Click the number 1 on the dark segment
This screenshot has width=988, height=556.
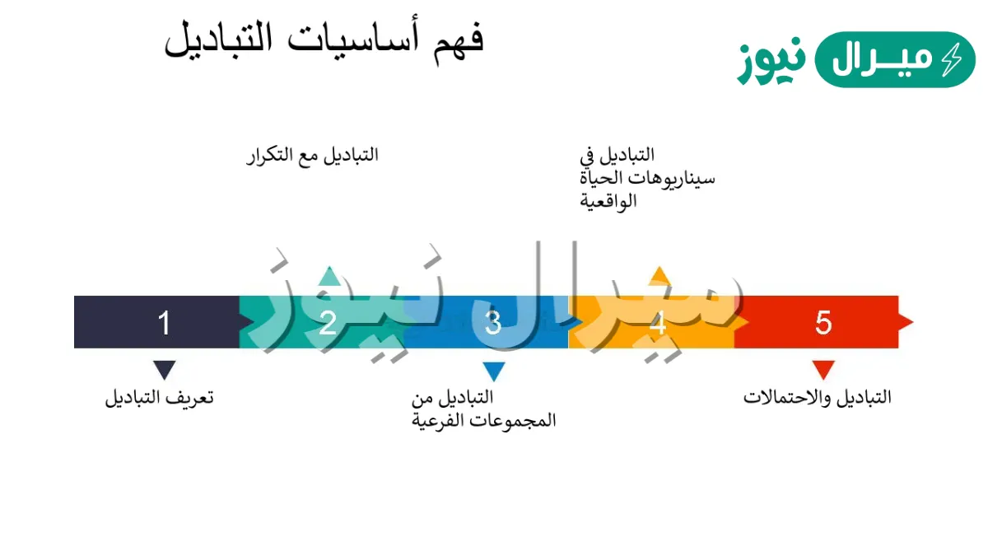tap(164, 323)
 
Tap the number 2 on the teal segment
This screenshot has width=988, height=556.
tap(328, 323)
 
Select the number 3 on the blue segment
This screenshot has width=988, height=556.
tap(493, 323)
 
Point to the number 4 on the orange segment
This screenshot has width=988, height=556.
tap(658, 323)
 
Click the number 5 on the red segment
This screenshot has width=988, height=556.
tap(823, 323)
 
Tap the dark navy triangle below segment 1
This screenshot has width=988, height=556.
tap(165, 369)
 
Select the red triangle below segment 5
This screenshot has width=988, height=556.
tap(823, 369)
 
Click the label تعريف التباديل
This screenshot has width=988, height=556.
tap(159, 398)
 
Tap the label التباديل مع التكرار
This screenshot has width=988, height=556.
tap(312, 156)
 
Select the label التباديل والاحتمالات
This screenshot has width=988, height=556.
tap(818, 397)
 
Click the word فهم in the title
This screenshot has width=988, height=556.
tap(459, 40)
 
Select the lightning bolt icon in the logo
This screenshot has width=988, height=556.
tap(951, 59)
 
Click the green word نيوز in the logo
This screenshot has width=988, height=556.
tap(771, 63)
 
